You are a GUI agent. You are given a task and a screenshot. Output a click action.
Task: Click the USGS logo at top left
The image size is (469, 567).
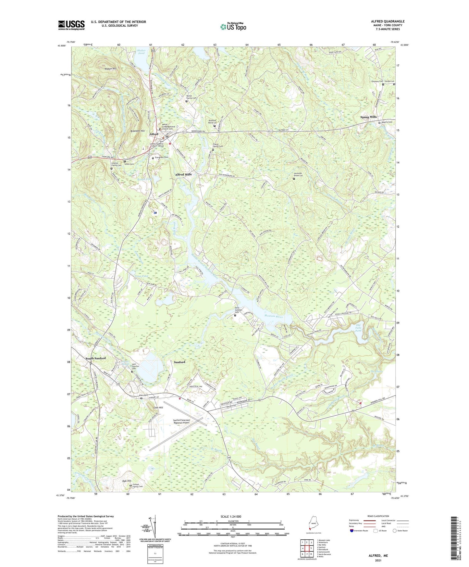tap(71, 25)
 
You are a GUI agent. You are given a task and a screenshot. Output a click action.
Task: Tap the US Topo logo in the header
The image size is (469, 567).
tap(233, 27)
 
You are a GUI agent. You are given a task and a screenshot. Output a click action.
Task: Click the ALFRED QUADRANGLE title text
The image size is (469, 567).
tap(388, 21)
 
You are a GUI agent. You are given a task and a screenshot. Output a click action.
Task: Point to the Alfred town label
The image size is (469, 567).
tap(154, 134)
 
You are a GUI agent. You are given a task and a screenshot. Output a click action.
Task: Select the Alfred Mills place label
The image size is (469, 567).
tap(183, 174)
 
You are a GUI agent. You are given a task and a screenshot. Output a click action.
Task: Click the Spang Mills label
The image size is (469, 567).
tap(368, 117)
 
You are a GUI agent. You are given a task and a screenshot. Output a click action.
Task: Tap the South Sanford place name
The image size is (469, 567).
tap(95, 358)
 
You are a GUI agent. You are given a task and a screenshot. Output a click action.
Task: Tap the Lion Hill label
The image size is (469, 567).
tap(158, 408)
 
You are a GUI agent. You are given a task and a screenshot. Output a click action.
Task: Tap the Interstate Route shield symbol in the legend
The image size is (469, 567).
tap(352, 531)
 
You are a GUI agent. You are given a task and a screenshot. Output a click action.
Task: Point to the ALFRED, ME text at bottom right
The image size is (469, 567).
tap(378, 547)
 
